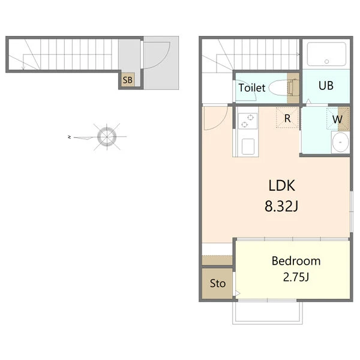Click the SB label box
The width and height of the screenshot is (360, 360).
(128, 80)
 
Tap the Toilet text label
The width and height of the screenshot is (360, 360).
(252, 88)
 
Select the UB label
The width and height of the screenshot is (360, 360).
(326, 85)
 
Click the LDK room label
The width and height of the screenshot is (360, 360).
(282, 185)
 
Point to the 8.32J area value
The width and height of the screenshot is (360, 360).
(281, 206)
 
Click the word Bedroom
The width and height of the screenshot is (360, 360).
(296, 261)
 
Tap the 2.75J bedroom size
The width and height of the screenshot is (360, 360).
(296, 277)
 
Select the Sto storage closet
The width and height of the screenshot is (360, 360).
(217, 283)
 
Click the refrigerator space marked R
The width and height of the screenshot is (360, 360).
(287, 118)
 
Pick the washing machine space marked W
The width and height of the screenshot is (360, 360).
(338, 119)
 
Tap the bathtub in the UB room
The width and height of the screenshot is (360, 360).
(326, 54)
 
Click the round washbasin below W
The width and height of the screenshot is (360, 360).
(340, 142)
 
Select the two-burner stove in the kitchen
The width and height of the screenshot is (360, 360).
(247, 121)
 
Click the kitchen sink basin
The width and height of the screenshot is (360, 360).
(248, 146)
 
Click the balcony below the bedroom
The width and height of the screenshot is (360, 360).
(268, 312)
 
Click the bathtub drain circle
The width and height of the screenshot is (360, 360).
(327, 61)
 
